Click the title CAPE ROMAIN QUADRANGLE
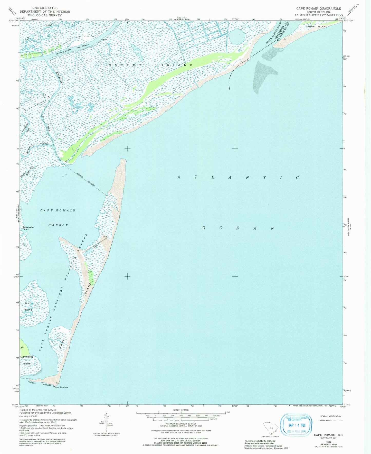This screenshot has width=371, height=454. (319, 8)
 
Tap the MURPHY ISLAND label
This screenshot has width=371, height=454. (151, 65)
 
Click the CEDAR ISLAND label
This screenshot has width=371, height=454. (316, 26)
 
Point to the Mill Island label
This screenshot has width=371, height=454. (28, 307)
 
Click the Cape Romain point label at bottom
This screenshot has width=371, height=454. (61, 387)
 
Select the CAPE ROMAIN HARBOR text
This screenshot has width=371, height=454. (58, 217)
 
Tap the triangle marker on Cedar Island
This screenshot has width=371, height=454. (284, 39)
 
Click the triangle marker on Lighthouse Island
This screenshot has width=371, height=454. (22, 347)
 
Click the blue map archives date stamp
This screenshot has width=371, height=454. (296, 424)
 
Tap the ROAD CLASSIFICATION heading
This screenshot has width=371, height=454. (331, 416)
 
